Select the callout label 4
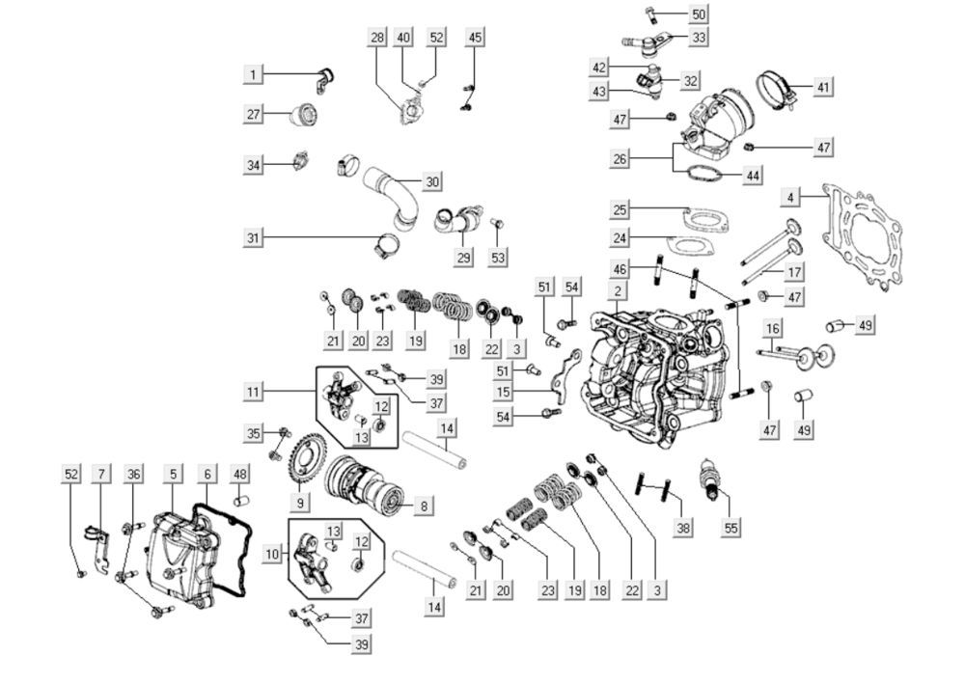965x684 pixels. tap(791, 198)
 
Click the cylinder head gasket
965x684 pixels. tap(864, 237)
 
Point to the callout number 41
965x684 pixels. tap(822, 87)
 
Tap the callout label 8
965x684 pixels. tap(425, 505)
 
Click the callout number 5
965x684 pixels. tap(173, 474)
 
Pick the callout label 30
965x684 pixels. tap(432, 181)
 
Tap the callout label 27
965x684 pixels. tap(254, 115)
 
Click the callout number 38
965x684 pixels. tap(684, 528)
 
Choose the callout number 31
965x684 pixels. tap(254, 238)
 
